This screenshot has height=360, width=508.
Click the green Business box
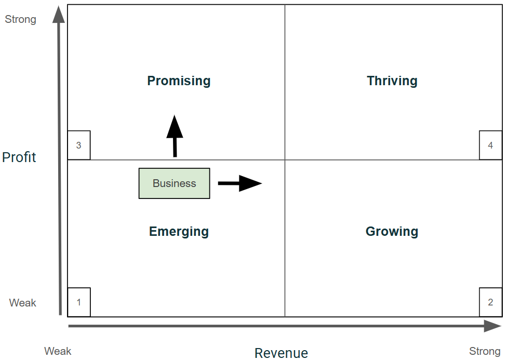click(175, 183)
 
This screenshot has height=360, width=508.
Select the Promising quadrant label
click(179, 81)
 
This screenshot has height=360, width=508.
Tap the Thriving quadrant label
click(392, 81)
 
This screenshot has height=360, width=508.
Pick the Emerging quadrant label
click(179, 232)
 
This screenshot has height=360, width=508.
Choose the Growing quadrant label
click(392, 232)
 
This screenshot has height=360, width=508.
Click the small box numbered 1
click(79, 302)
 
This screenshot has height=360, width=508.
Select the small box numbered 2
click(490, 302)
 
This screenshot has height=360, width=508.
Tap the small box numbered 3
click(79, 145)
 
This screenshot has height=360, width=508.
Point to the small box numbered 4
click(490, 145)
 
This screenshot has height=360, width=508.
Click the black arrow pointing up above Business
click(175, 135)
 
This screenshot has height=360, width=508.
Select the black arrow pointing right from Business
click(240, 183)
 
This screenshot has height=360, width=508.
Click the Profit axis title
click(19, 157)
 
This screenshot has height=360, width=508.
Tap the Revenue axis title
click(281, 353)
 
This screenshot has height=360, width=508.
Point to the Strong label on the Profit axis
click(21, 20)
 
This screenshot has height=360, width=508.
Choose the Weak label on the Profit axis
click(23, 303)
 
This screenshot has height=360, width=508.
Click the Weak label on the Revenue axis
click(58, 351)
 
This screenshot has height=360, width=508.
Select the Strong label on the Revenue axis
click(485, 351)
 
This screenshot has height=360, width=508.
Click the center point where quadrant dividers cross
click(285, 160)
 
